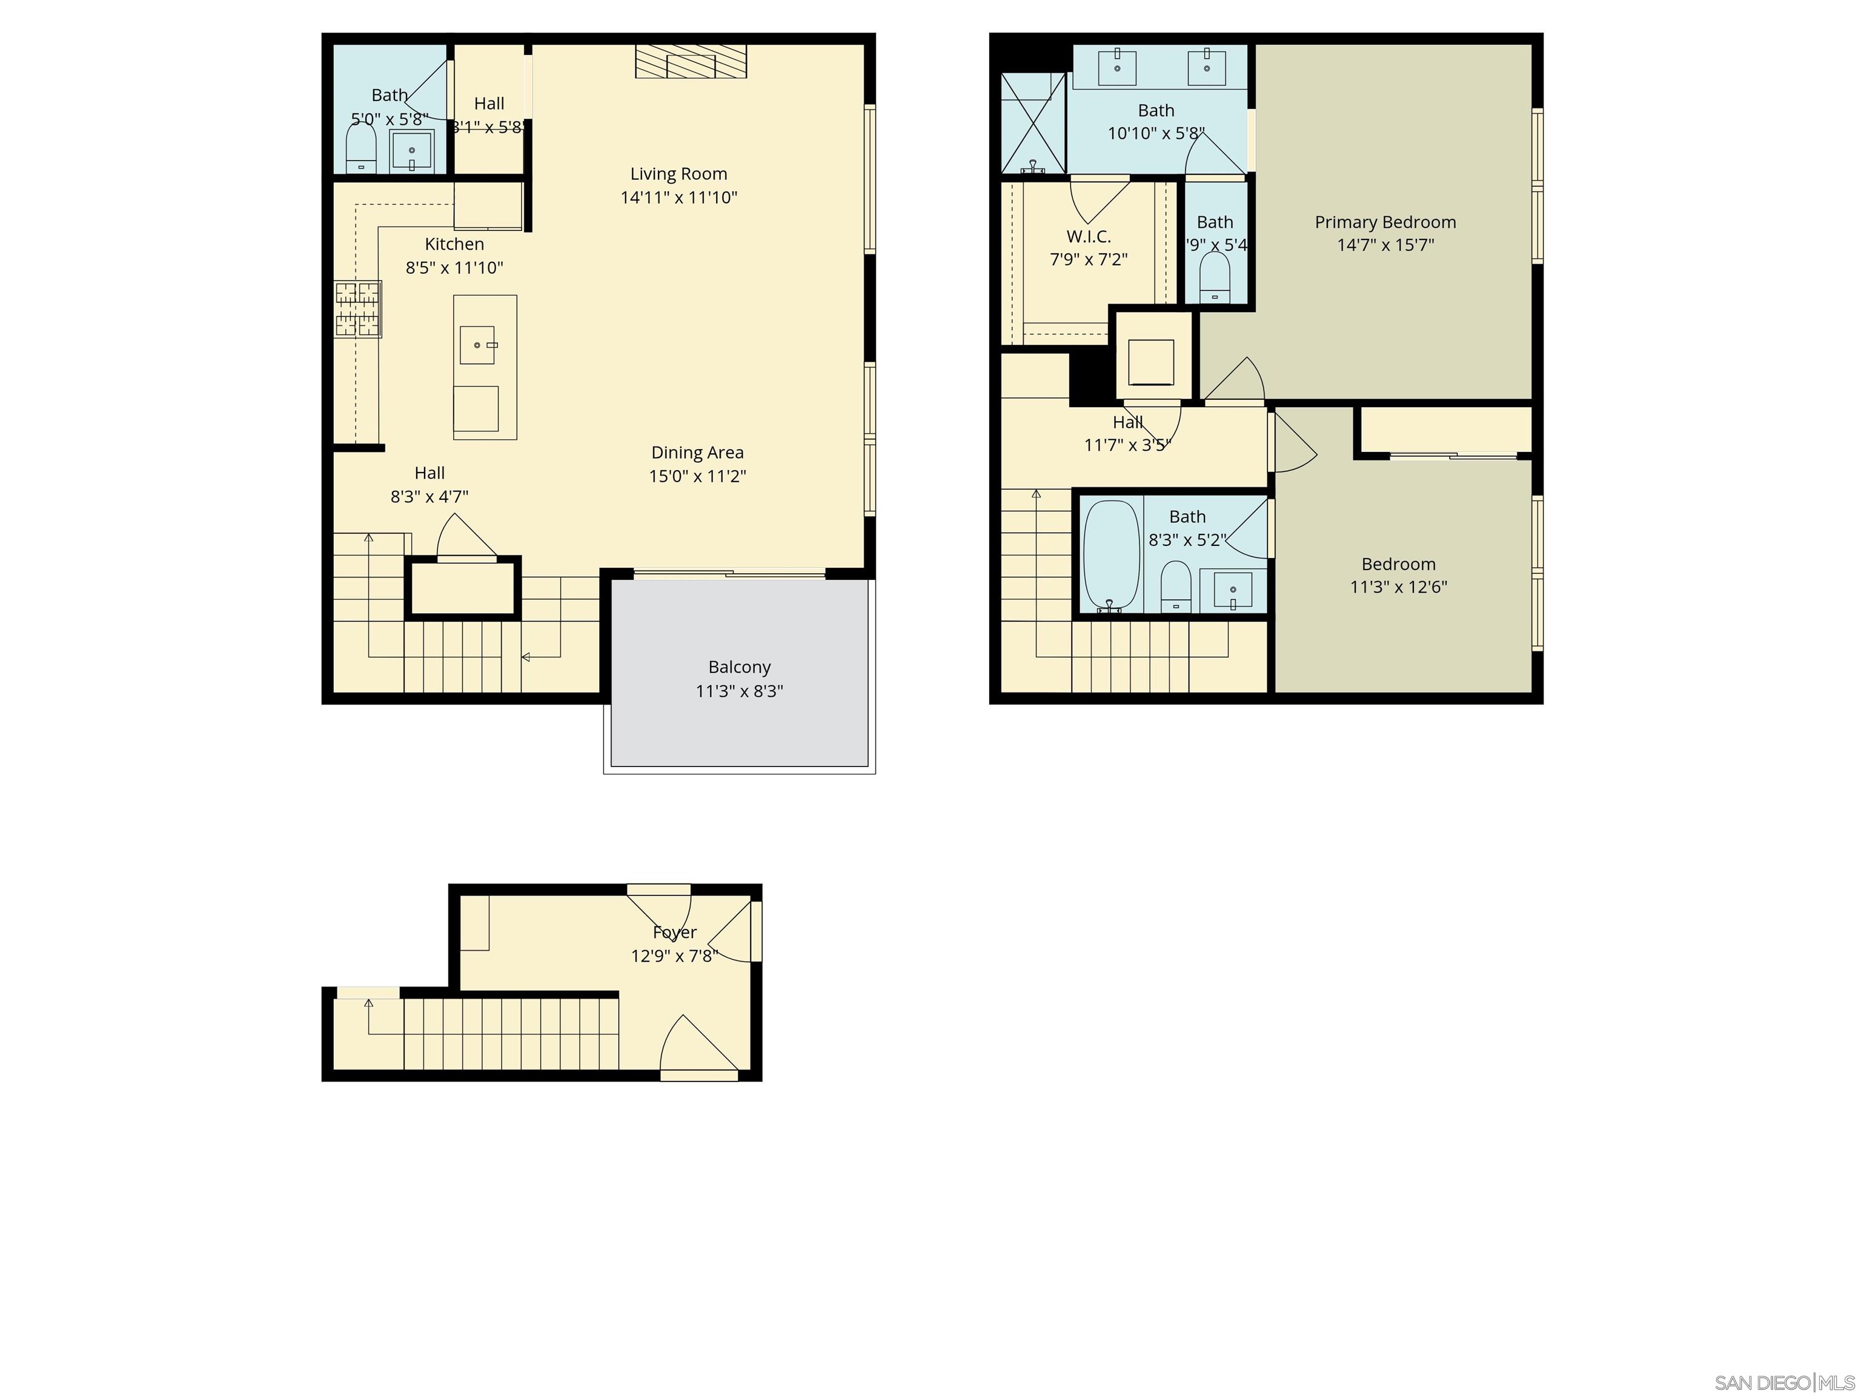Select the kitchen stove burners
(x=357, y=309)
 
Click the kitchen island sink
(x=477, y=345)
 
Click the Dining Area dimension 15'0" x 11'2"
(x=697, y=476)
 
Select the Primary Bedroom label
(x=1385, y=222)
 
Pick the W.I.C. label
(x=1089, y=236)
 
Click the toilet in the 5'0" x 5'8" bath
(x=361, y=147)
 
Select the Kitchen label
(x=454, y=244)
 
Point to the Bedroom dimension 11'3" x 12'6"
(x=1398, y=587)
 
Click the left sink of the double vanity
(x=1117, y=67)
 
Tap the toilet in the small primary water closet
(x=1214, y=277)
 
